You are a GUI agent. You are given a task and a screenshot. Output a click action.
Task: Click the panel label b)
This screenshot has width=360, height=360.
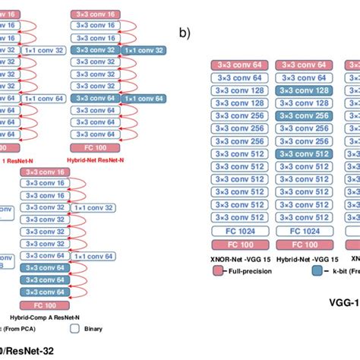tap(184, 33)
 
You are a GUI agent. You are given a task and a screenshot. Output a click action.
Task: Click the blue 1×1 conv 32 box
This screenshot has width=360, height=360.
tap(142, 50)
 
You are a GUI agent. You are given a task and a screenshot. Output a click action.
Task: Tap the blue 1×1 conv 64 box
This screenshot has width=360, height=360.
tap(142, 98)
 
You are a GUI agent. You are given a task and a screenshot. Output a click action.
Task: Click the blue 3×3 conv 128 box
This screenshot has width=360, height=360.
tap(304, 90)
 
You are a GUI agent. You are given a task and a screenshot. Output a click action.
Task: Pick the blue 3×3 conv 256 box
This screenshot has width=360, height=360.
tap(304, 115)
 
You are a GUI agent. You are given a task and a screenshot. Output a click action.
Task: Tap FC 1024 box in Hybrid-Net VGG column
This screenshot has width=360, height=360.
tap(304, 231)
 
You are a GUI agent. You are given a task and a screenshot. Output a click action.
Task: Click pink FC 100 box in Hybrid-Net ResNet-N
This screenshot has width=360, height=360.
tap(95, 147)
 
